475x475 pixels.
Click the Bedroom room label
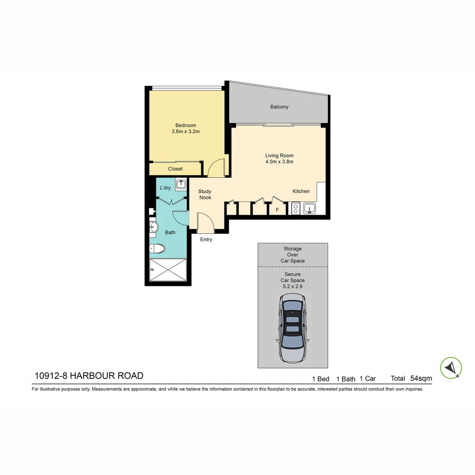click(x=186, y=125)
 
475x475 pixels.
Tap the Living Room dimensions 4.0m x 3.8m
click(x=279, y=161)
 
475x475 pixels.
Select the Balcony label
click(x=279, y=107)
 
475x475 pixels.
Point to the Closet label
click(x=175, y=169)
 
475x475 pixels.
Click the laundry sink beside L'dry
click(x=180, y=185)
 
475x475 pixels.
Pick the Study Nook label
click(x=205, y=194)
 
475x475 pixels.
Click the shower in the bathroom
click(x=168, y=270)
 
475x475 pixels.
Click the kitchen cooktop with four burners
click(x=295, y=208)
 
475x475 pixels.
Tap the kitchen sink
click(x=310, y=208)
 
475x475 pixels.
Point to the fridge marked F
click(x=277, y=210)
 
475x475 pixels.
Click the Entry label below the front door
click(x=206, y=240)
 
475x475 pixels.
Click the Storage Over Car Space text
click(x=292, y=255)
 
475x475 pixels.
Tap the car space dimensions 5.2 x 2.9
click(x=292, y=286)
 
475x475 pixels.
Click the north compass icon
click(x=451, y=367)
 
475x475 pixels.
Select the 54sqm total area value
click(x=421, y=378)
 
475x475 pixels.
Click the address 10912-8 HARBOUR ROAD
click(x=89, y=376)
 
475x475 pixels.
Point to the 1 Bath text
click(x=346, y=379)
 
